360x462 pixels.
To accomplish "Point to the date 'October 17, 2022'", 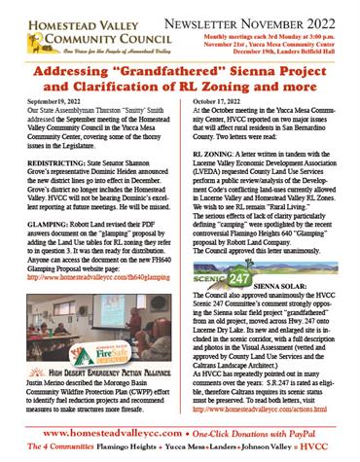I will point(224,100).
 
